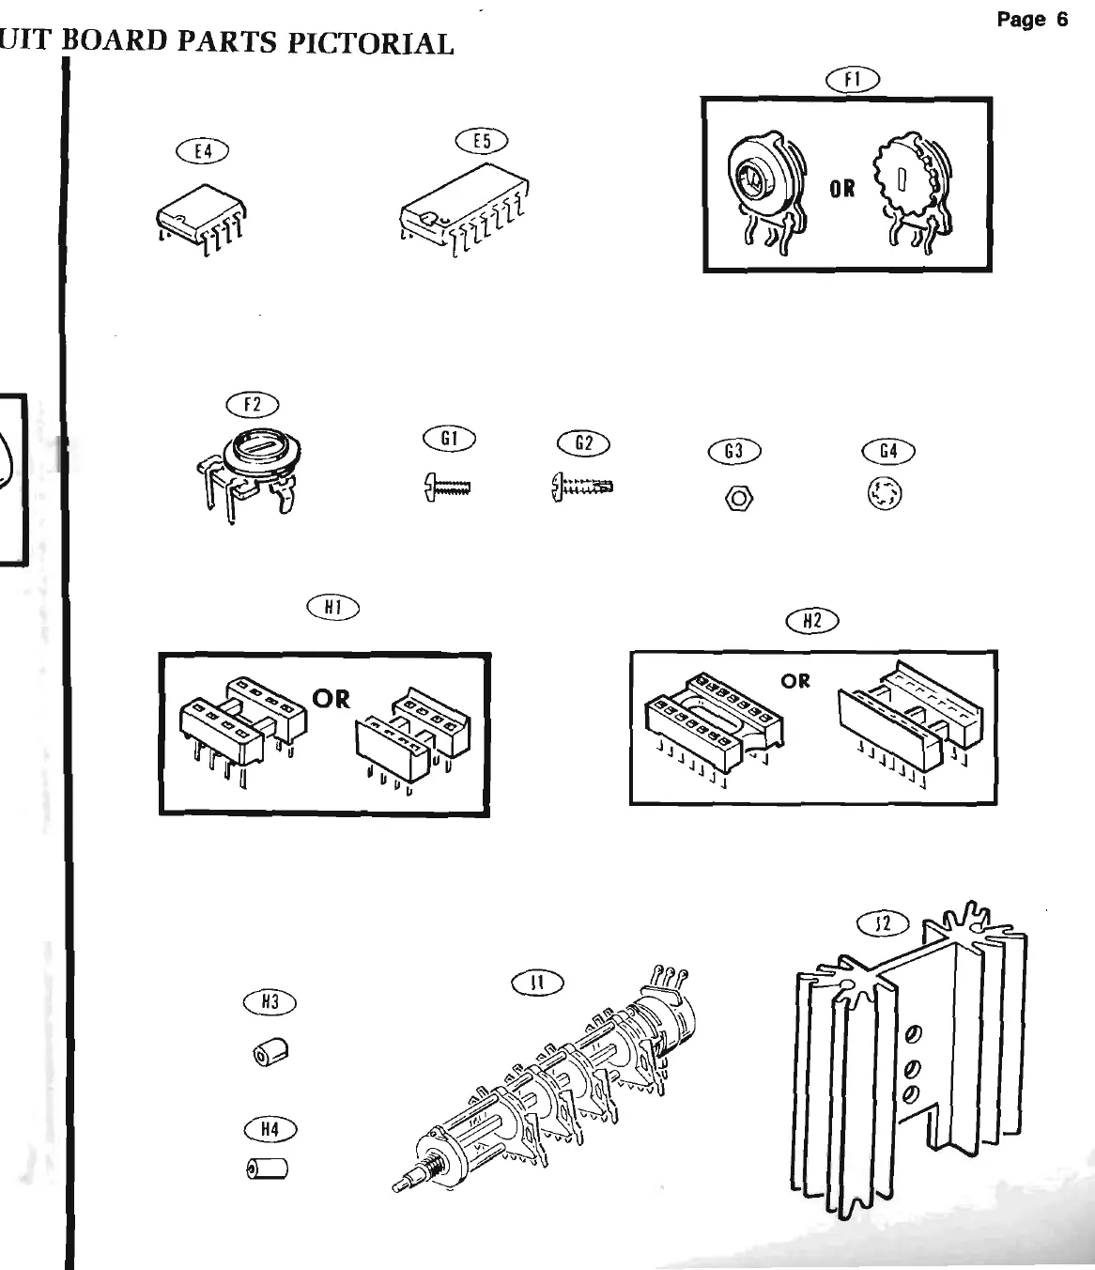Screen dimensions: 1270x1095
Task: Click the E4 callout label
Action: coord(202,150)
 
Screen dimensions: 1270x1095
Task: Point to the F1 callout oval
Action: coord(852,81)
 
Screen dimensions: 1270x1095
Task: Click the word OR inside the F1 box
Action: coord(842,189)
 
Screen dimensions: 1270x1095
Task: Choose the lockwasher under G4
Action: coord(885,494)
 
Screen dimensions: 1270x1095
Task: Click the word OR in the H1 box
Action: coord(331,699)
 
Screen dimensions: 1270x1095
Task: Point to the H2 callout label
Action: coord(812,620)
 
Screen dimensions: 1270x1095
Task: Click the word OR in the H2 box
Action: coord(795,680)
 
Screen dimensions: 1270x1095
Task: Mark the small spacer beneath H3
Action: coord(270,1052)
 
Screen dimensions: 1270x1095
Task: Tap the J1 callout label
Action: coord(537,983)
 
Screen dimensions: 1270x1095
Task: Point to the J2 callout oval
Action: coord(883,924)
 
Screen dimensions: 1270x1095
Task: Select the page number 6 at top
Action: coord(1061,20)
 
